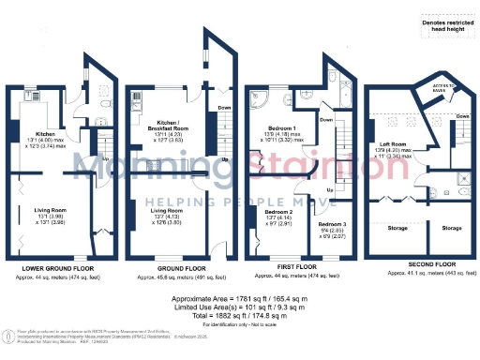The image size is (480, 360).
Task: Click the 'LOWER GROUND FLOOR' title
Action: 50,269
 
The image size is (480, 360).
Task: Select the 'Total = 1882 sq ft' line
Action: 240,312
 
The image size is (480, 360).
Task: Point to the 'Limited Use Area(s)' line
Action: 240,305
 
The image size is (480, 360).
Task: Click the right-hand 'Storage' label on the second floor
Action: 450,228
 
